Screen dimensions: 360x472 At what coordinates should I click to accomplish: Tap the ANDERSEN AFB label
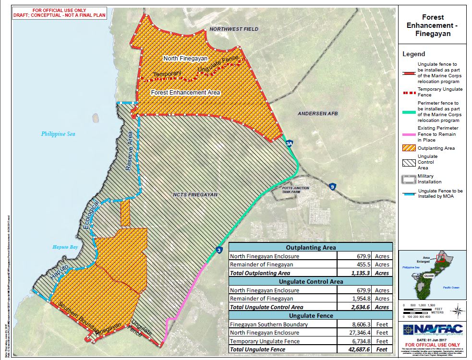pos(315,114)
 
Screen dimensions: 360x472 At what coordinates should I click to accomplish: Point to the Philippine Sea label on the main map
pos(58,134)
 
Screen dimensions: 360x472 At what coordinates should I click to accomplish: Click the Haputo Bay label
pos(65,247)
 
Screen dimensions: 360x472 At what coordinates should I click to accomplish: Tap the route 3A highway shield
pos(289,144)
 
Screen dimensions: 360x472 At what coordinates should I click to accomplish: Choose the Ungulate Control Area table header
pos(310,281)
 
